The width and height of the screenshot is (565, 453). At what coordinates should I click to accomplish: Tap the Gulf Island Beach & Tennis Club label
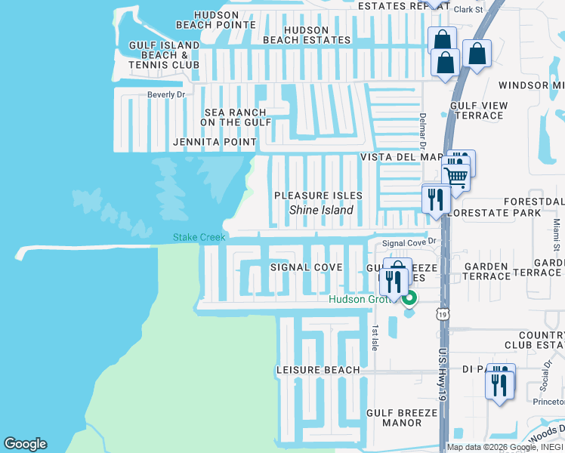(164, 55)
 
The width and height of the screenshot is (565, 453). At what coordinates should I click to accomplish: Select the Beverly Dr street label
(166, 94)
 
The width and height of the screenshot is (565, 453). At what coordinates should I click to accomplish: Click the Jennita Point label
(215, 142)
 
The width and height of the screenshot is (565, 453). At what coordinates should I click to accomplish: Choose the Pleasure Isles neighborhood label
(318, 196)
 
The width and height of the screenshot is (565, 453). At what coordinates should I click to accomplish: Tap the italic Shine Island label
(321, 210)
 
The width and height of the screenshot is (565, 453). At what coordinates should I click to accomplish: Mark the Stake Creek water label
(199, 237)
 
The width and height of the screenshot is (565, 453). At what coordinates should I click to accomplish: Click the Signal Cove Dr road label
(410, 242)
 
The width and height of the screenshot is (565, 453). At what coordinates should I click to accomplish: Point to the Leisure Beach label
(318, 370)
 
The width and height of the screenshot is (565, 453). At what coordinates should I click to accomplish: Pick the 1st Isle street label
(375, 337)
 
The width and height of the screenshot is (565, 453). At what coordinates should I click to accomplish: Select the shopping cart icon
(455, 177)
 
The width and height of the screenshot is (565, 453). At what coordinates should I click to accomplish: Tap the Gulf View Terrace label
(477, 110)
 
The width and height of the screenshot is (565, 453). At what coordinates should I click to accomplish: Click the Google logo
(25, 444)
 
